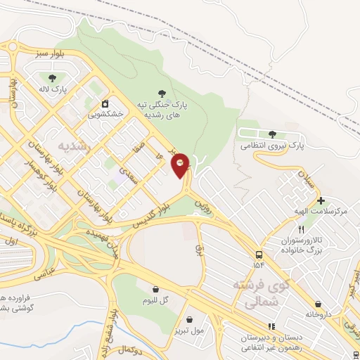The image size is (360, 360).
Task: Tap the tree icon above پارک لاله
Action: tap(51, 77)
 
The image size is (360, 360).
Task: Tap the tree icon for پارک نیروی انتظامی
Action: tap(272, 134)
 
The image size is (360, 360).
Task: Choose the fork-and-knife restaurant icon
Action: tap(302, 229)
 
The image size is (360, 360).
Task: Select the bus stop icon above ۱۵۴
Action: tap(260, 254)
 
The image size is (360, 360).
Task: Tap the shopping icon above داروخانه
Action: tap(319, 304)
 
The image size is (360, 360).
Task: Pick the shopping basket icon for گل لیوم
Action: tap(155, 289)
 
